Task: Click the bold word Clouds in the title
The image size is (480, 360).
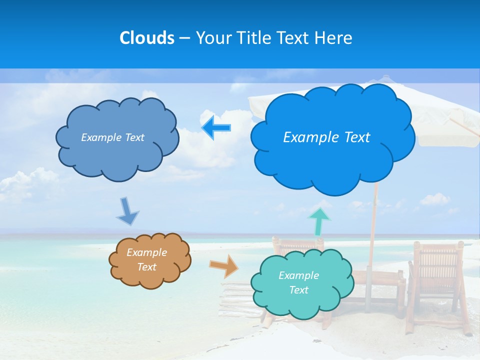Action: [147, 38]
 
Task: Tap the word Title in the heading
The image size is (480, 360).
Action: [254, 38]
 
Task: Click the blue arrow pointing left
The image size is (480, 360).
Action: [216, 128]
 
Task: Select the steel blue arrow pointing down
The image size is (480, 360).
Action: [127, 211]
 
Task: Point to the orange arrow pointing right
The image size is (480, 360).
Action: [224, 265]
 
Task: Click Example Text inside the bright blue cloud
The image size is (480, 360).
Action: [326, 137]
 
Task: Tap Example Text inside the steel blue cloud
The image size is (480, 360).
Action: [112, 137]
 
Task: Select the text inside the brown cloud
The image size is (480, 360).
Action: [146, 259]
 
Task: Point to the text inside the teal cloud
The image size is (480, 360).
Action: [298, 282]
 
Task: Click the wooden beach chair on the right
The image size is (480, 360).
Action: [436, 280]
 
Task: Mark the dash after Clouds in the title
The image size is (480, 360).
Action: [183, 38]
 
